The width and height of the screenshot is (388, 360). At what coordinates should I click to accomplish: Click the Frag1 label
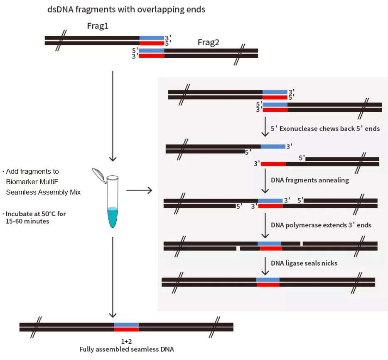[x=98, y=26]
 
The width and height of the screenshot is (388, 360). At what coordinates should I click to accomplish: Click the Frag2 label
[x=208, y=42]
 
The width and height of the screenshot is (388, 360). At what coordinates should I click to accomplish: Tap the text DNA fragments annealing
[x=310, y=180]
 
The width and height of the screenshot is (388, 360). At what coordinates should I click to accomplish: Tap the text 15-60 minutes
[x=27, y=221]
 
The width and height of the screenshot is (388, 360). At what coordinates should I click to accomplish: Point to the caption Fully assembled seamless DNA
[x=126, y=349]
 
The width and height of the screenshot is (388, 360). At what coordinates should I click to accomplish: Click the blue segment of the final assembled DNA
[x=126, y=324]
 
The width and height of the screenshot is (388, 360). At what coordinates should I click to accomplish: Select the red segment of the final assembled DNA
[x=126, y=329]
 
